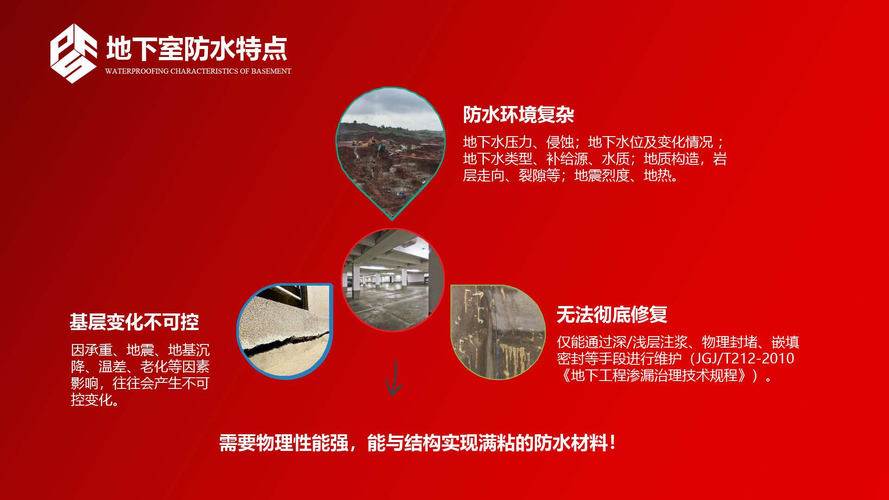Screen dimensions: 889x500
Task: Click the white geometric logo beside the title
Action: tap(74, 54)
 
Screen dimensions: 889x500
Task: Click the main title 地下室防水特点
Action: tap(197, 49)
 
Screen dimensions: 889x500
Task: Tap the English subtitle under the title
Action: tap(198, 71)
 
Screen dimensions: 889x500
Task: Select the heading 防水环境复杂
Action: tap(519, 115)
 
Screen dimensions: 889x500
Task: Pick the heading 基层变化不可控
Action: tap(134, 322)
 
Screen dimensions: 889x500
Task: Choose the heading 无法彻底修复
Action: tap(612, 315)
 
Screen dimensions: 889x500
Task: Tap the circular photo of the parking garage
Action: tap(393, 280)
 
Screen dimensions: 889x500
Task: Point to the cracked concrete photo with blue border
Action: tap(285, 331)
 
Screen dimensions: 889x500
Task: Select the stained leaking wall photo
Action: tap(498, 332)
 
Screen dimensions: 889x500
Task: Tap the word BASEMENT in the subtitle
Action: tap(271, 71)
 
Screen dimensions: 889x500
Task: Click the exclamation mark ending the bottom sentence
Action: tap(613, 443)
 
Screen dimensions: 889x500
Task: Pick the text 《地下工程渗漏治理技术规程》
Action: tap(653, 375)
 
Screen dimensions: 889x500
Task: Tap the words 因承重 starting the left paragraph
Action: tap(92, 350)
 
